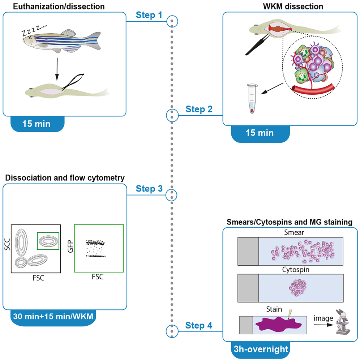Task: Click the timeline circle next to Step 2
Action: (x=172, y=115)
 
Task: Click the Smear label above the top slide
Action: (x=291, y=233)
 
